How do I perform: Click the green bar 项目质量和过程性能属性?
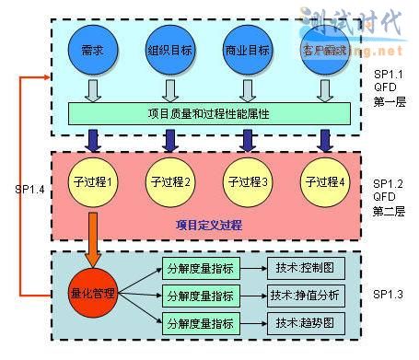[x=210, y=113]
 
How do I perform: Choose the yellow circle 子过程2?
[x=169, y=181]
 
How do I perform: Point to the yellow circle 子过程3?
[x=247, y=181]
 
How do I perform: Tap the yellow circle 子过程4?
[x=323, y=181]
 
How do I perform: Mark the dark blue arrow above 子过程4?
[x=324, y=140]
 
